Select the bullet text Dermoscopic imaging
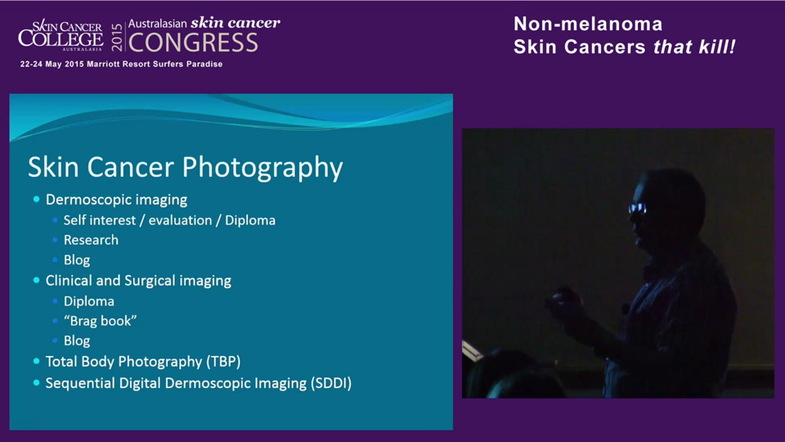pyautogui.click(x=117, y=200)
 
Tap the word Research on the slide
pyautogui.click(x=91, y=240)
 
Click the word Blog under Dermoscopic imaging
pyautogui.click(x=77, y=260)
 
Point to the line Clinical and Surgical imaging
pyautogui.click(x=138, y=281)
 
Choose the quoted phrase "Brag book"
pyautogui.click(x=100, y=320)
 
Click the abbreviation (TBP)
pyautogui.click(x=228, y=361)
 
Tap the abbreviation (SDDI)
pyautogui.click(x=331, y=383)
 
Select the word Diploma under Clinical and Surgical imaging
pyautogui.click(x=89, y=301)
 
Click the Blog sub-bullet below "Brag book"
pyautogui.click(x=77, y=341)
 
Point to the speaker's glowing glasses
pyautogui.click(x=637, y=208)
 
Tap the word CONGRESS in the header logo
pyautogui.click(x=193, y=43)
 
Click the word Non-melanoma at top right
pyautogui.click(x=588, y=24)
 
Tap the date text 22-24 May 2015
pyautogui.click(x=52, y=64)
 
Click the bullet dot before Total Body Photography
pyautogui.click(x=36, y=361)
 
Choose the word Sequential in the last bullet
pyautogui.click(x=78, y=383)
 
